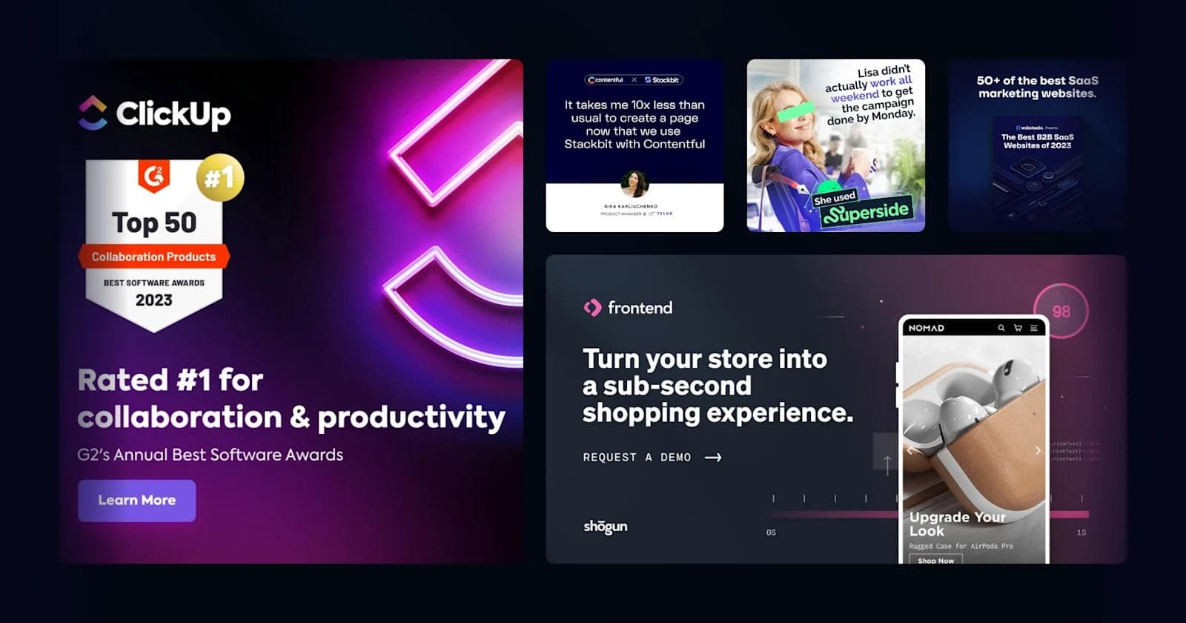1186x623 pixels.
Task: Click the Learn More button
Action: (136, 501)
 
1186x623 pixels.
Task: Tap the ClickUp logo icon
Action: (93, 113)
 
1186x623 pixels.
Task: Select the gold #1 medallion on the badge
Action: (219, 177)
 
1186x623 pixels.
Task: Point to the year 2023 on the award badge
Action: (153, 300)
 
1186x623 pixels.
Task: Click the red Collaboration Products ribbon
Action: (153, 257)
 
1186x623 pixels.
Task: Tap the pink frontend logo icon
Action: (592, 308)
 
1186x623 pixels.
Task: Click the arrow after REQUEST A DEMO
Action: (713, 458)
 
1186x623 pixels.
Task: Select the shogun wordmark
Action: (606, 527)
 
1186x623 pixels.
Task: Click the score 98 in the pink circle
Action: (1061, 311)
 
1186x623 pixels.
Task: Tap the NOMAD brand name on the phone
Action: (927, 328)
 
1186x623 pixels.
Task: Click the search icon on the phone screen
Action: (1001, 328)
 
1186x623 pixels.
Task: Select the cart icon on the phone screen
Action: (1018, 328)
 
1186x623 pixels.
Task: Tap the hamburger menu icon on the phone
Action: (1034, 328)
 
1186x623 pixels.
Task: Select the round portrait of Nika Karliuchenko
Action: (635, 183)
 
